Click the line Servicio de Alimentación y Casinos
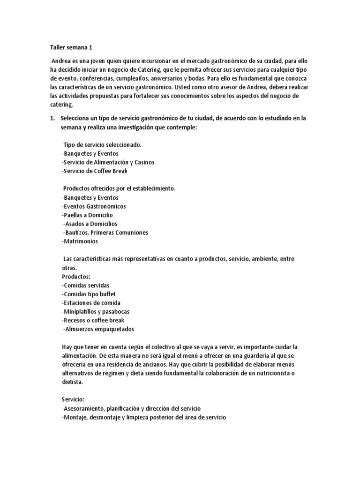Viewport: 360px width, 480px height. tap(108, 162)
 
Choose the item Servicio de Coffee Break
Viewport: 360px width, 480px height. tap(94, 171)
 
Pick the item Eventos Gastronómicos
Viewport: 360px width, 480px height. tap(93, 206)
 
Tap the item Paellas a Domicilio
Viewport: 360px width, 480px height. tap(87, 215)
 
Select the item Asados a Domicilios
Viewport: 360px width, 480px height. tap(90, 224)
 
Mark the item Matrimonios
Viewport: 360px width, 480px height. tap(80, 241)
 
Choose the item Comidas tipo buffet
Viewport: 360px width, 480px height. tap(89, 294)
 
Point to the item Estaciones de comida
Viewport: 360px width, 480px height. tap(90, 303)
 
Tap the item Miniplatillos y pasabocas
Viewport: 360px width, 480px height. tap(96, 312)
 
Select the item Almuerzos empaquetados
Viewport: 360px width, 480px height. tap(98, 329)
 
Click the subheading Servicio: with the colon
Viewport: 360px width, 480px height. tap(74, 399)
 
